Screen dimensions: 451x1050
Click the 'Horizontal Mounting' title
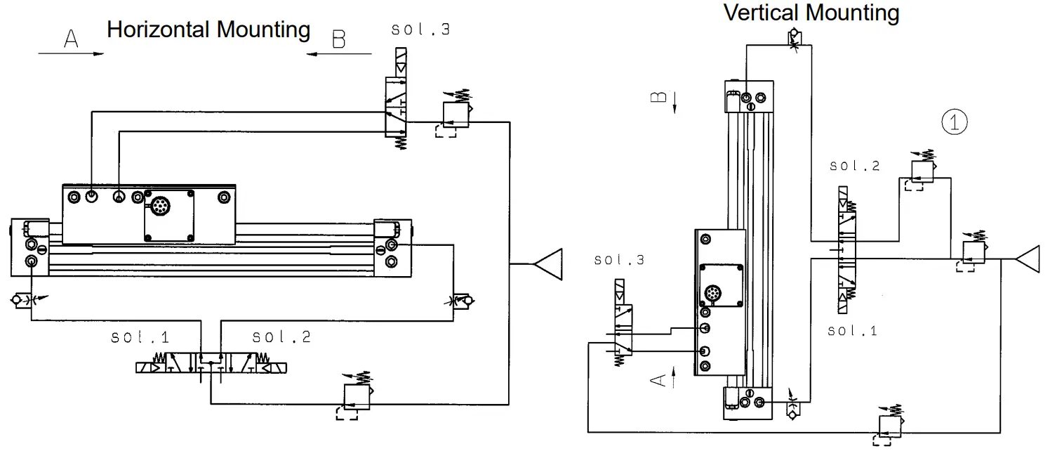[208, 30]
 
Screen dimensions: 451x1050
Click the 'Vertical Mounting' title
[811, 13]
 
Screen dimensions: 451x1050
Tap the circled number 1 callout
[954, 122]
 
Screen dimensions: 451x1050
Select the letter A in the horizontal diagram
[70, 39]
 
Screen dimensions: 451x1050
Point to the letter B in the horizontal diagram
[338, 39]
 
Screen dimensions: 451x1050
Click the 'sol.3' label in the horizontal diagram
[420, 30]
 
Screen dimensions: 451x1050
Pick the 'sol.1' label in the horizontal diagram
[140, 337]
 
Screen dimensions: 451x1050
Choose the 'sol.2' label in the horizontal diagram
[281, 337]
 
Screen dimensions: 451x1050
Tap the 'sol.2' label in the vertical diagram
[854, 166]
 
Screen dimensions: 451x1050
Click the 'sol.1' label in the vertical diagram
[853, 330]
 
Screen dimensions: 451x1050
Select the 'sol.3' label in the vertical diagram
[619, 260]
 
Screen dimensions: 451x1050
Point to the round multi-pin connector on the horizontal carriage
[158, 208]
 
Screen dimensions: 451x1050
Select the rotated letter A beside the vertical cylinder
[658, 380]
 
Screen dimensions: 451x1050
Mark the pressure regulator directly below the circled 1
[919, 171]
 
